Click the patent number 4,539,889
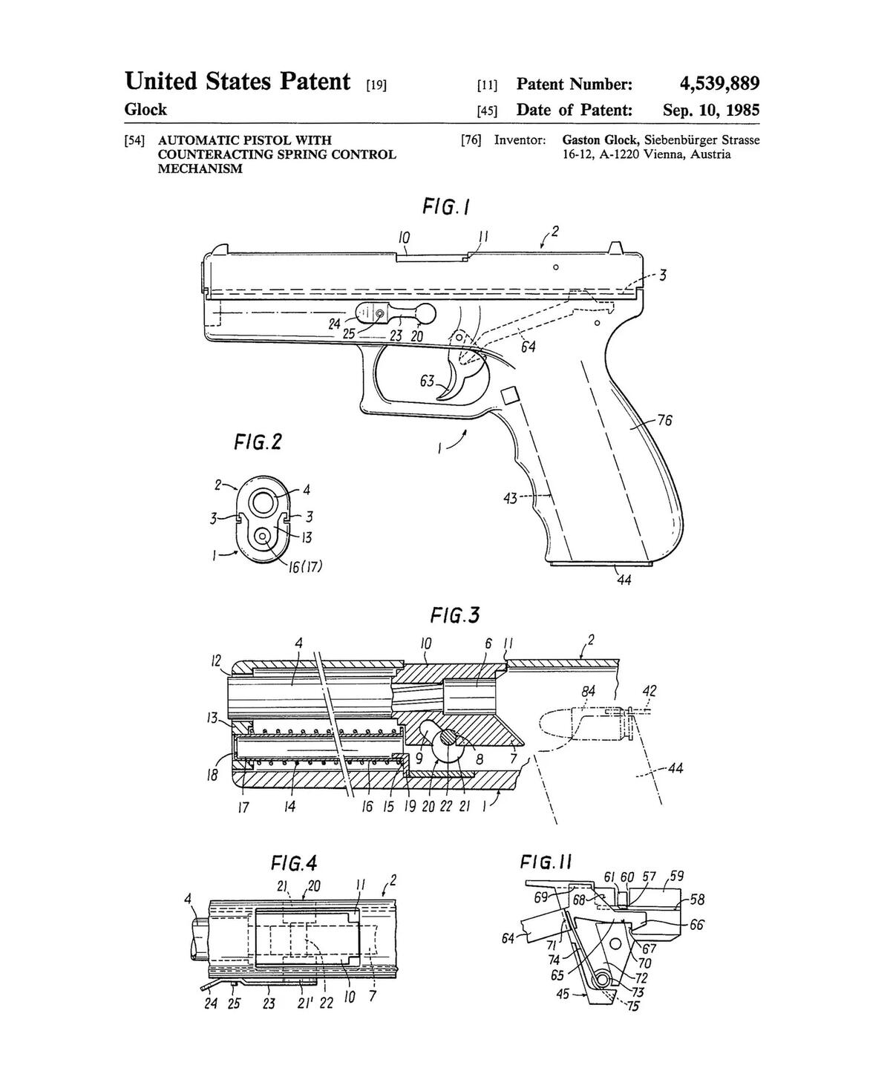pos(719,83)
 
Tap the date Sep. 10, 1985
pos(711,109)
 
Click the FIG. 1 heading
pos(446,206)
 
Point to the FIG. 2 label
pos(258,442)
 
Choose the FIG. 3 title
pos(455,615)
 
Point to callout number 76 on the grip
pos(664,421)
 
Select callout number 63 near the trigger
pos(427,381)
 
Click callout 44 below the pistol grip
pos(624,580)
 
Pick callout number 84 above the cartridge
pos(588,692)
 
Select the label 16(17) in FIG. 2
pos(305,567)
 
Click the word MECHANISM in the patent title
pos(200,168)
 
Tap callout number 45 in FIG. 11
pos(562,994)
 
